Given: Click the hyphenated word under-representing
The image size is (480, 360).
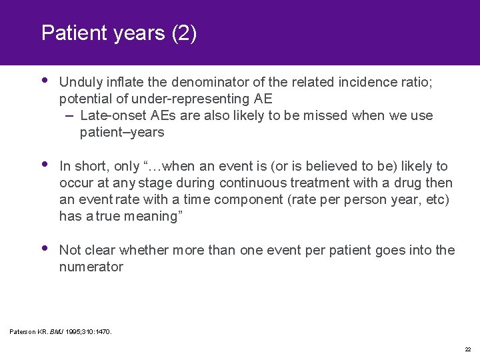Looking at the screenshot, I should [195, 99].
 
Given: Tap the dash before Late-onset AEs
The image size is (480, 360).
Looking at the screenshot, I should [69, 115].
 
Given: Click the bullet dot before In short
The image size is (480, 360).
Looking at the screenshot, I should [45, 164].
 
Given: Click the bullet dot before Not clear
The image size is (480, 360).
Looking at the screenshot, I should [45, 249].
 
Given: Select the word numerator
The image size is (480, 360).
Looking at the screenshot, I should [91, 267].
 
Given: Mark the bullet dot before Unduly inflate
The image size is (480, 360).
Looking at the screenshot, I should [45, 81].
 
